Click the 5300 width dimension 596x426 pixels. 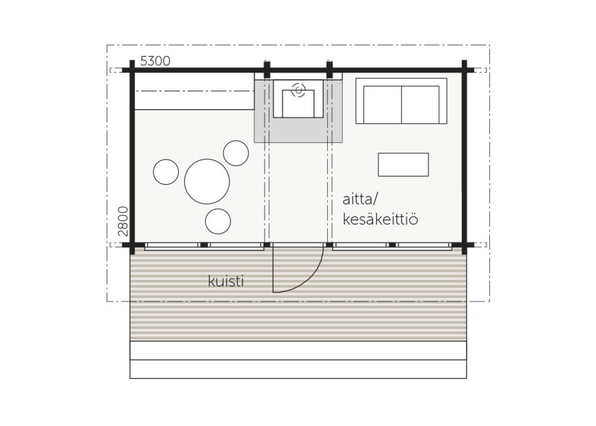(155, 61)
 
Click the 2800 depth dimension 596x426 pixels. (124, 221)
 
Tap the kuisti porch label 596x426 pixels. (226, 282)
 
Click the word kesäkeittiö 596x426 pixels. (380, 219)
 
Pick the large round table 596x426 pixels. (207, 181)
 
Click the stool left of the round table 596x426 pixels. (166, 172)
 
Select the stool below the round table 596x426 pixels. (218, 221)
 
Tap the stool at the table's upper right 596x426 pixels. (236, 153)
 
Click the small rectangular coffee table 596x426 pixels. (403, 164)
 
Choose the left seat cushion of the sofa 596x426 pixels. (382, 105)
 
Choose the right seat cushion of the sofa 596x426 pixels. (420, 105)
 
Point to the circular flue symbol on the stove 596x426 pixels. (298, 90)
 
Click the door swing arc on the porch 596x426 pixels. (310, 278)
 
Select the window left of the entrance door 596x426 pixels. (204, 245)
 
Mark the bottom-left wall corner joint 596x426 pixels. (132, 245)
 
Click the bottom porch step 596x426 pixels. (298, 369)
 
